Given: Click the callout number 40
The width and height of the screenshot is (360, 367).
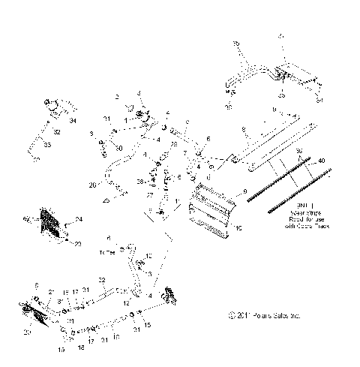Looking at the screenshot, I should (x=322, y=161).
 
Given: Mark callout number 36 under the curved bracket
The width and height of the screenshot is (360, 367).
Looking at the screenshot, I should (x=228, y=107).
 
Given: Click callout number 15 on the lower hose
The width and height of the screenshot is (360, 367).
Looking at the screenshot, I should (x=147, y=323).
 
